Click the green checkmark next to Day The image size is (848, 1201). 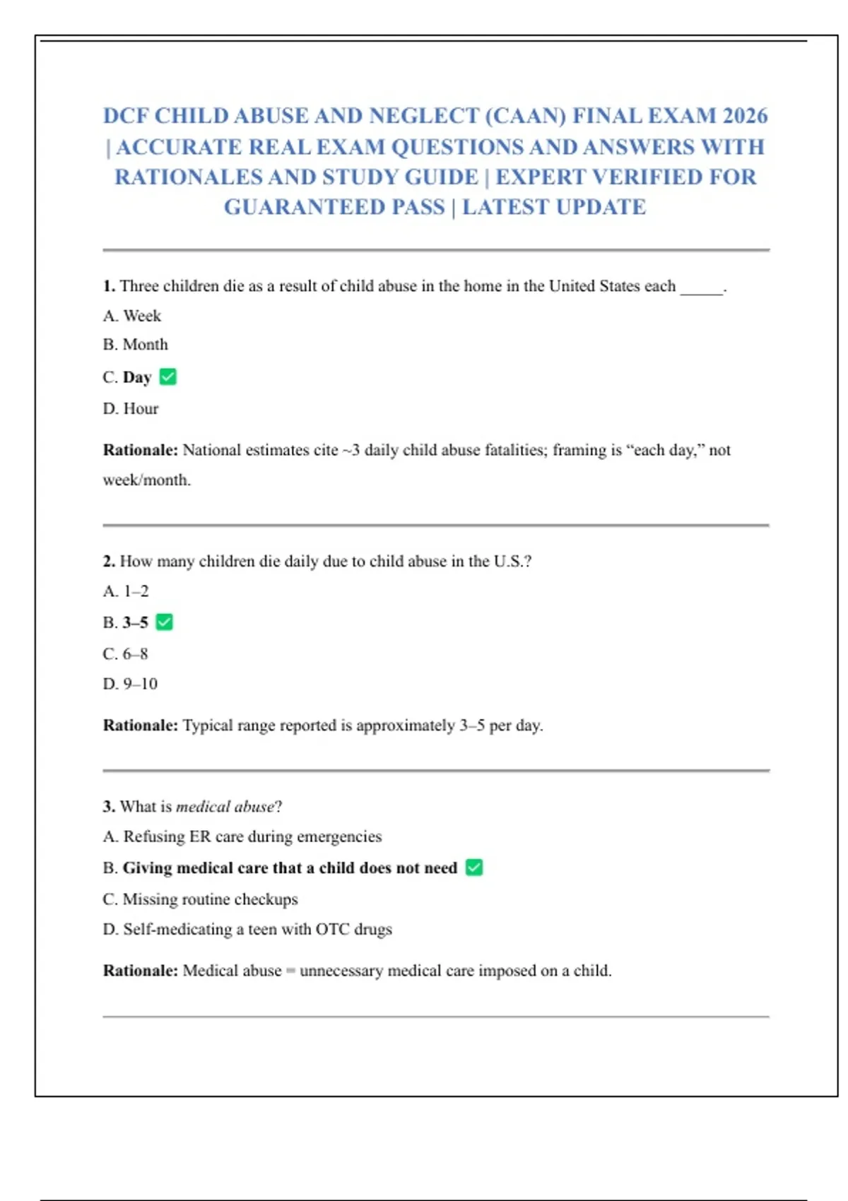pyautogui.click(x=168, y=377)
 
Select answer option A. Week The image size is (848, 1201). pyautogui.click(x=132, y=316)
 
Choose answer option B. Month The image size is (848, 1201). pyautogui.click(x=136, y=345)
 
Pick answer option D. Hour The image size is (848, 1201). pyautogui.click(x=131, y=409)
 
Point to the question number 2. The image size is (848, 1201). pyautogui.click(x=109, y=562)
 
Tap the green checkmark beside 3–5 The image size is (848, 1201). pyautogui.click(x=165, y=622)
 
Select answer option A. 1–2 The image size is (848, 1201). pyautogui.click(x=126, y=591)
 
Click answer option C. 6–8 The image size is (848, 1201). pyautogui.click(x=126, y=654)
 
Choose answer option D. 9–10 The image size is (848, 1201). pyautogui.click(x=130, y=684)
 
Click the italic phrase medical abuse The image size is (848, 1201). pyautogui.click(x=225, y=807)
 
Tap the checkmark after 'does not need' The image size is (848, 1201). pyautogui.click(x=474, y=868)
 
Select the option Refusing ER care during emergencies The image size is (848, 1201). pyautogui.click(x=242, y=836)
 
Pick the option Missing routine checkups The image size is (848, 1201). pyautogui.click(x=201, y=899)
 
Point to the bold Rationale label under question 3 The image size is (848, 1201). pyautogui.click(x=141, y=971)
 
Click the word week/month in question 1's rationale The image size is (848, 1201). pyautogui.click(x=147, y=480)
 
